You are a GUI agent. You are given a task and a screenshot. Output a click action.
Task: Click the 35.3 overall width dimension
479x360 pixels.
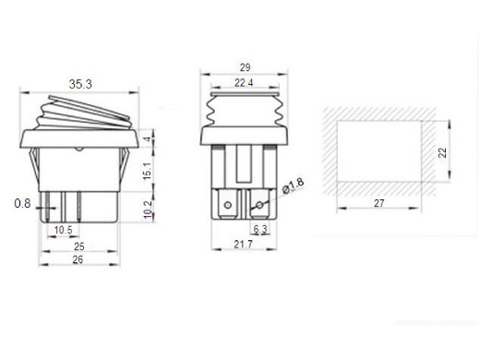(x=80, y=84)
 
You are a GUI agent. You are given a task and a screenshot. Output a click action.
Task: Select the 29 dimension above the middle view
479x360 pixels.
(x=245, y=67)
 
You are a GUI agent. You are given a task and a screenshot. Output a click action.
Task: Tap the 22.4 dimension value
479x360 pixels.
(x=244, y=83)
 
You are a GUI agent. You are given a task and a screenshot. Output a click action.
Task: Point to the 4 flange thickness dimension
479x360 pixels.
(x=149, y=138)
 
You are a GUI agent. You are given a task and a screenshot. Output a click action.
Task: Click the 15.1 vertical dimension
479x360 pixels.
(x=148, y=171)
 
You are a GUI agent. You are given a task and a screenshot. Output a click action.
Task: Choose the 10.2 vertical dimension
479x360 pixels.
(x=148, y=210)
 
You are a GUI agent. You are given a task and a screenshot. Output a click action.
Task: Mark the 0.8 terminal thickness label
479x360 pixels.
(x=22, y=203)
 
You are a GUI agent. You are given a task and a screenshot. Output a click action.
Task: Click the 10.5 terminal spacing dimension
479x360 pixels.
(x=63, y=230)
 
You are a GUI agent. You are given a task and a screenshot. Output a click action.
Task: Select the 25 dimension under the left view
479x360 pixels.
(x=79, y=246)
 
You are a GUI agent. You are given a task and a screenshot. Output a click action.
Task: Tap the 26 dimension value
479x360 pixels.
(x=78, y=259)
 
